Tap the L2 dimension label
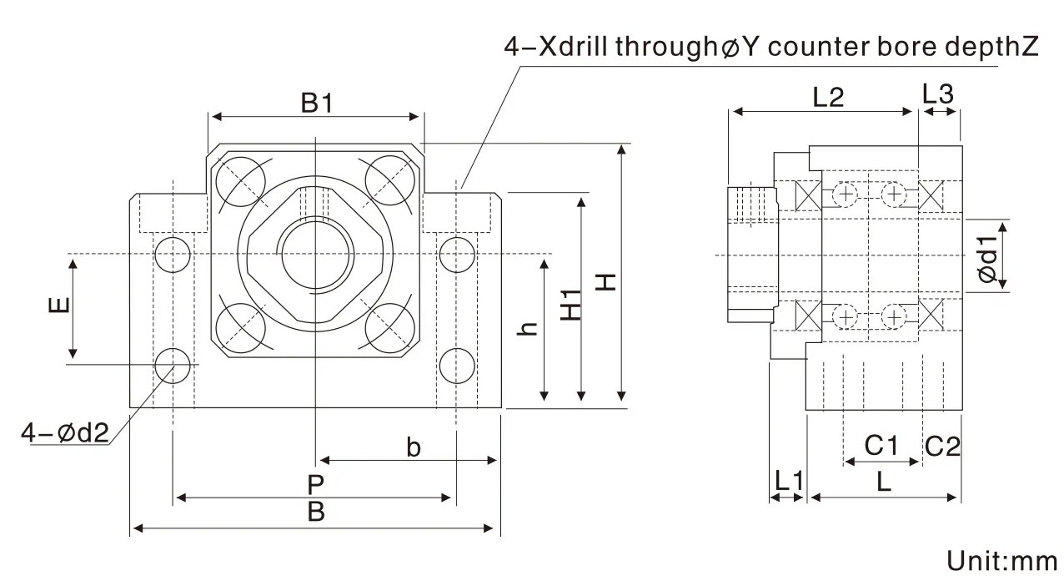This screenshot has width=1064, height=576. pos(828,98)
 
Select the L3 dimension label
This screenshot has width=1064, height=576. pos(938,94)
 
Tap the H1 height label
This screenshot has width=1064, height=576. pos(570,305)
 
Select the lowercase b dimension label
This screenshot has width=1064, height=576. pos(413,447)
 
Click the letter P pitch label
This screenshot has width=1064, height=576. pos(314,483)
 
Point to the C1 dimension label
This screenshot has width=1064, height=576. pos(880,446)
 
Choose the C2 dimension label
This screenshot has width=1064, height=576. pos(942,447)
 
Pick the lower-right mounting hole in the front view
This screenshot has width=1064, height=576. pos(457,365)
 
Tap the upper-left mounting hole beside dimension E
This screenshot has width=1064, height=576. pos(173,253)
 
